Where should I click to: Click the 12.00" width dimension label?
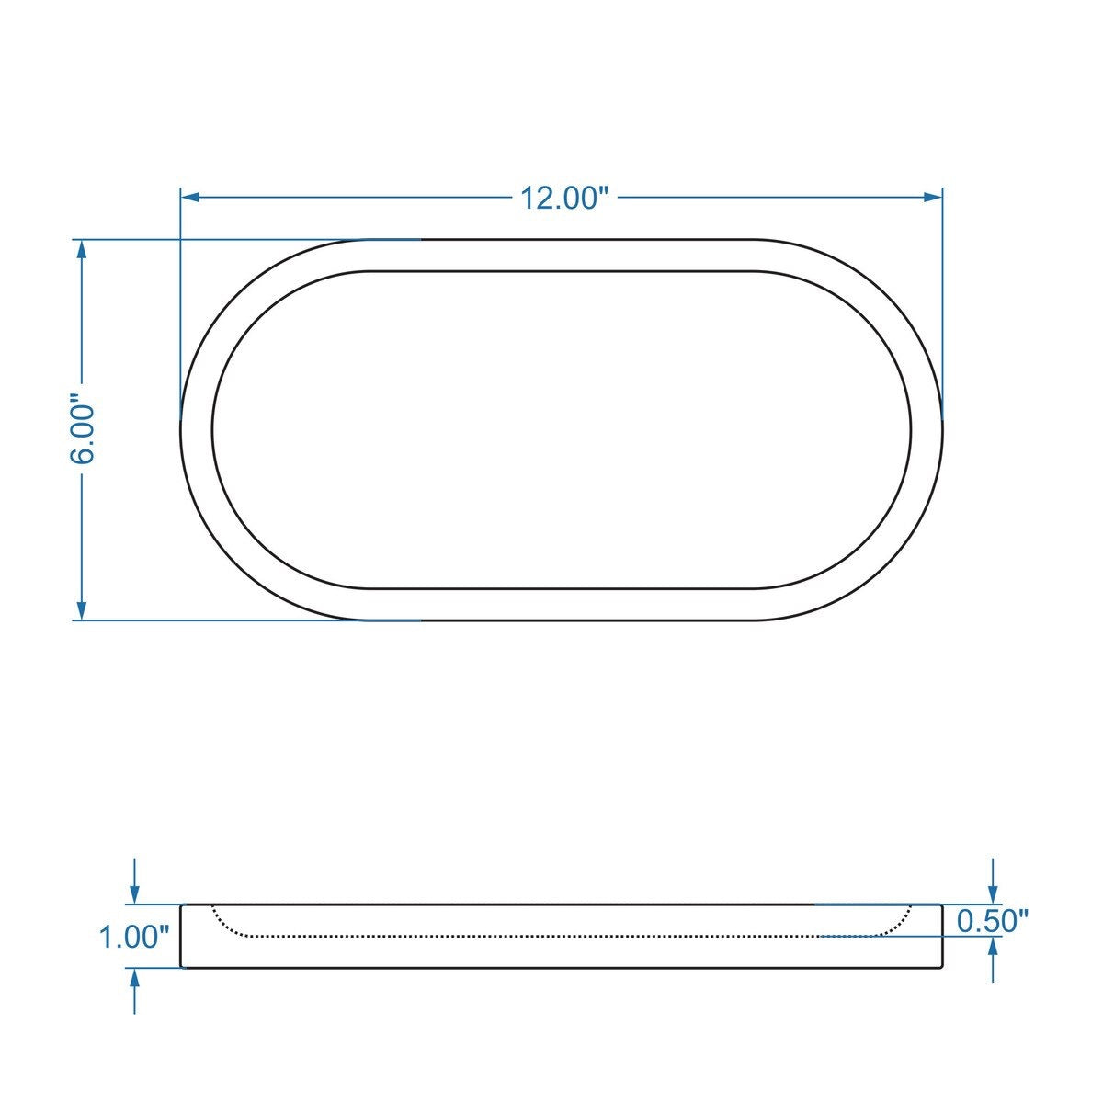[565, 198]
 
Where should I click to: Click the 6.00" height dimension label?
[82, 430]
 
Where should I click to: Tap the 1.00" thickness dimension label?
[134, 938]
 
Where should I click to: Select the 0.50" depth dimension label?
[992, 920]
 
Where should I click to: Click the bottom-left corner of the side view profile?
[182, 967]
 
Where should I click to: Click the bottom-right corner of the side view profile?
[942, 967]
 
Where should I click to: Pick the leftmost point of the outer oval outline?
[180, 430]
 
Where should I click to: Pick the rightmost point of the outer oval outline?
[943, 430]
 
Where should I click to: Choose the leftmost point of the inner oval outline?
[212, 430]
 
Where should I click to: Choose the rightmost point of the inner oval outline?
[912, 430]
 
